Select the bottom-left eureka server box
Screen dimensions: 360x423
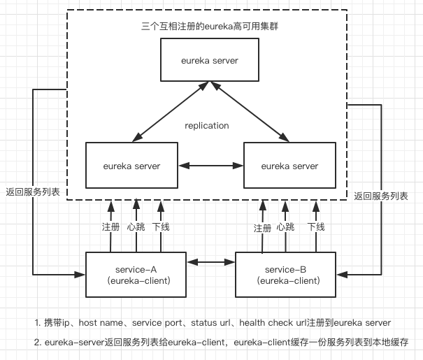tap(131, 166)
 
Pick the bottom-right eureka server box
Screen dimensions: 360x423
tap(289, 166)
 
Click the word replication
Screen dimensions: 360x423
tap(206, 126)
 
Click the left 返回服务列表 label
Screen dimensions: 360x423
tap(32, 192)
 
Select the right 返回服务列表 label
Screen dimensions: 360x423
tap(380, 196)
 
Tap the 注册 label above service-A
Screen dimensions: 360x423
tap(110, 226)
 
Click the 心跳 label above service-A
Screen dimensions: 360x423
tap(136, 226)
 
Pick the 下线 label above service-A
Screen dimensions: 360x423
tap(161, 226)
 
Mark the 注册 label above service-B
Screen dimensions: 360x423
tap(262, 227)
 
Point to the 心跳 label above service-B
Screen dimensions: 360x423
tap(285, 226)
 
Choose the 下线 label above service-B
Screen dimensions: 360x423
tap(316, 226)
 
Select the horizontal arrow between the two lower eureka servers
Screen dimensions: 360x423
tap(210, 166)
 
